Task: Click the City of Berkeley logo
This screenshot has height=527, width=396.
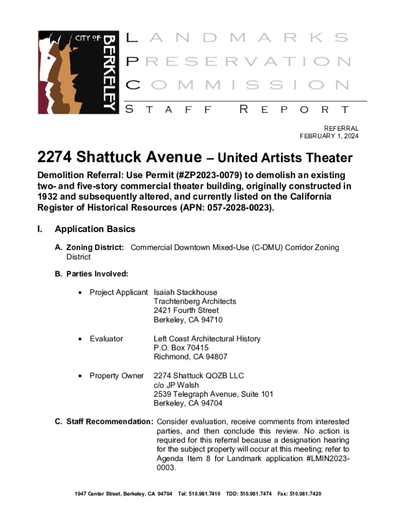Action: [77, 72]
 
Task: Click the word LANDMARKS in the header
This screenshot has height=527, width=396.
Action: [237, 38]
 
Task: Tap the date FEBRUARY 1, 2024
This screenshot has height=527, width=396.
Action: [329, 136]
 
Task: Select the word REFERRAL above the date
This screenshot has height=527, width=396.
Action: [341, 128]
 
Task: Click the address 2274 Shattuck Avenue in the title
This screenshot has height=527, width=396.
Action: [119, 157]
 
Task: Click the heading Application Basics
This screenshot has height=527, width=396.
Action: [95, 229]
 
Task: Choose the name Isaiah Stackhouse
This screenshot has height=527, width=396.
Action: [185, 292]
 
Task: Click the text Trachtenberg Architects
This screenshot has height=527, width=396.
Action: [195, 301]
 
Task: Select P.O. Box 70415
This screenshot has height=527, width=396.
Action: [181, 348]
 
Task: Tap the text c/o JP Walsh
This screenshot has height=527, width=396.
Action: [176, 385]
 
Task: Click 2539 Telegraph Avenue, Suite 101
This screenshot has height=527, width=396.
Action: [213, 394]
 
